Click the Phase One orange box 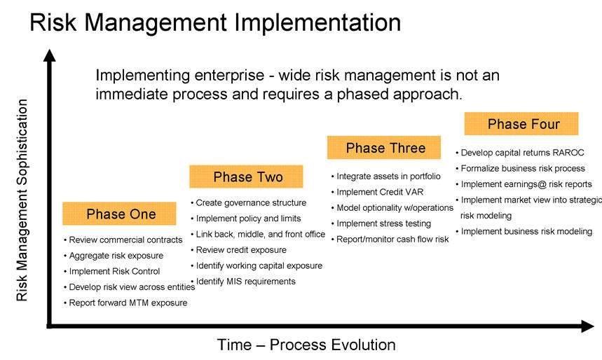[x=119, y=214]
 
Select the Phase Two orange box [x=246, y=176]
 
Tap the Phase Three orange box [x=384, y=147]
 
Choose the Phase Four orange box [x=521, y=123]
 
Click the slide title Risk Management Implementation [x=215, y=22]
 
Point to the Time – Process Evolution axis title [x=306, y=345]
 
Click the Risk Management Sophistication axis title [x=22, y=200]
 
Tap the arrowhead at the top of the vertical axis [x=50, y=55]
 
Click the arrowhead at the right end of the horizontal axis [x=587, y=326]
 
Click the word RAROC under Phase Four [x=568, y=153]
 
